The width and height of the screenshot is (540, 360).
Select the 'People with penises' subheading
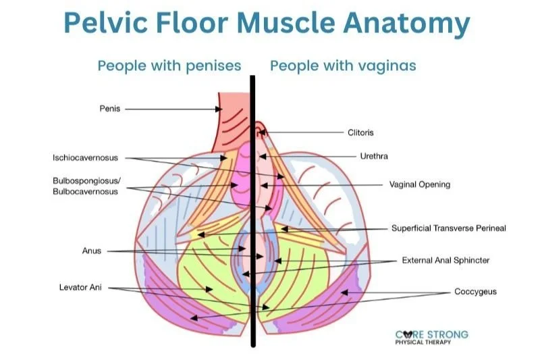(169, 66)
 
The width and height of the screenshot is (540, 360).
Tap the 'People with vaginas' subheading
(343, 66)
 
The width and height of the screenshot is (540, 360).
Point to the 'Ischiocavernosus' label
(85, 158)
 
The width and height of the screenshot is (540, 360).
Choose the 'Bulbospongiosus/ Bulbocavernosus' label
(85, 186)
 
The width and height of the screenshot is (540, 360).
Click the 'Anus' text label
(92, 251)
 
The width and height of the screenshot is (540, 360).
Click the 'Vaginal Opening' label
(419, 184)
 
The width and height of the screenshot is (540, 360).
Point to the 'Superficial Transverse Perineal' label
(448, 228)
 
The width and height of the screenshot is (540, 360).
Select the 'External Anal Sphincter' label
(446, 260)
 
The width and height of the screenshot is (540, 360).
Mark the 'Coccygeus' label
(475, 292)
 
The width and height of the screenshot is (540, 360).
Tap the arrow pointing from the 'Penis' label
(172, 108)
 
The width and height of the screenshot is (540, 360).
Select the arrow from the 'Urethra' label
(310, 156)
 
